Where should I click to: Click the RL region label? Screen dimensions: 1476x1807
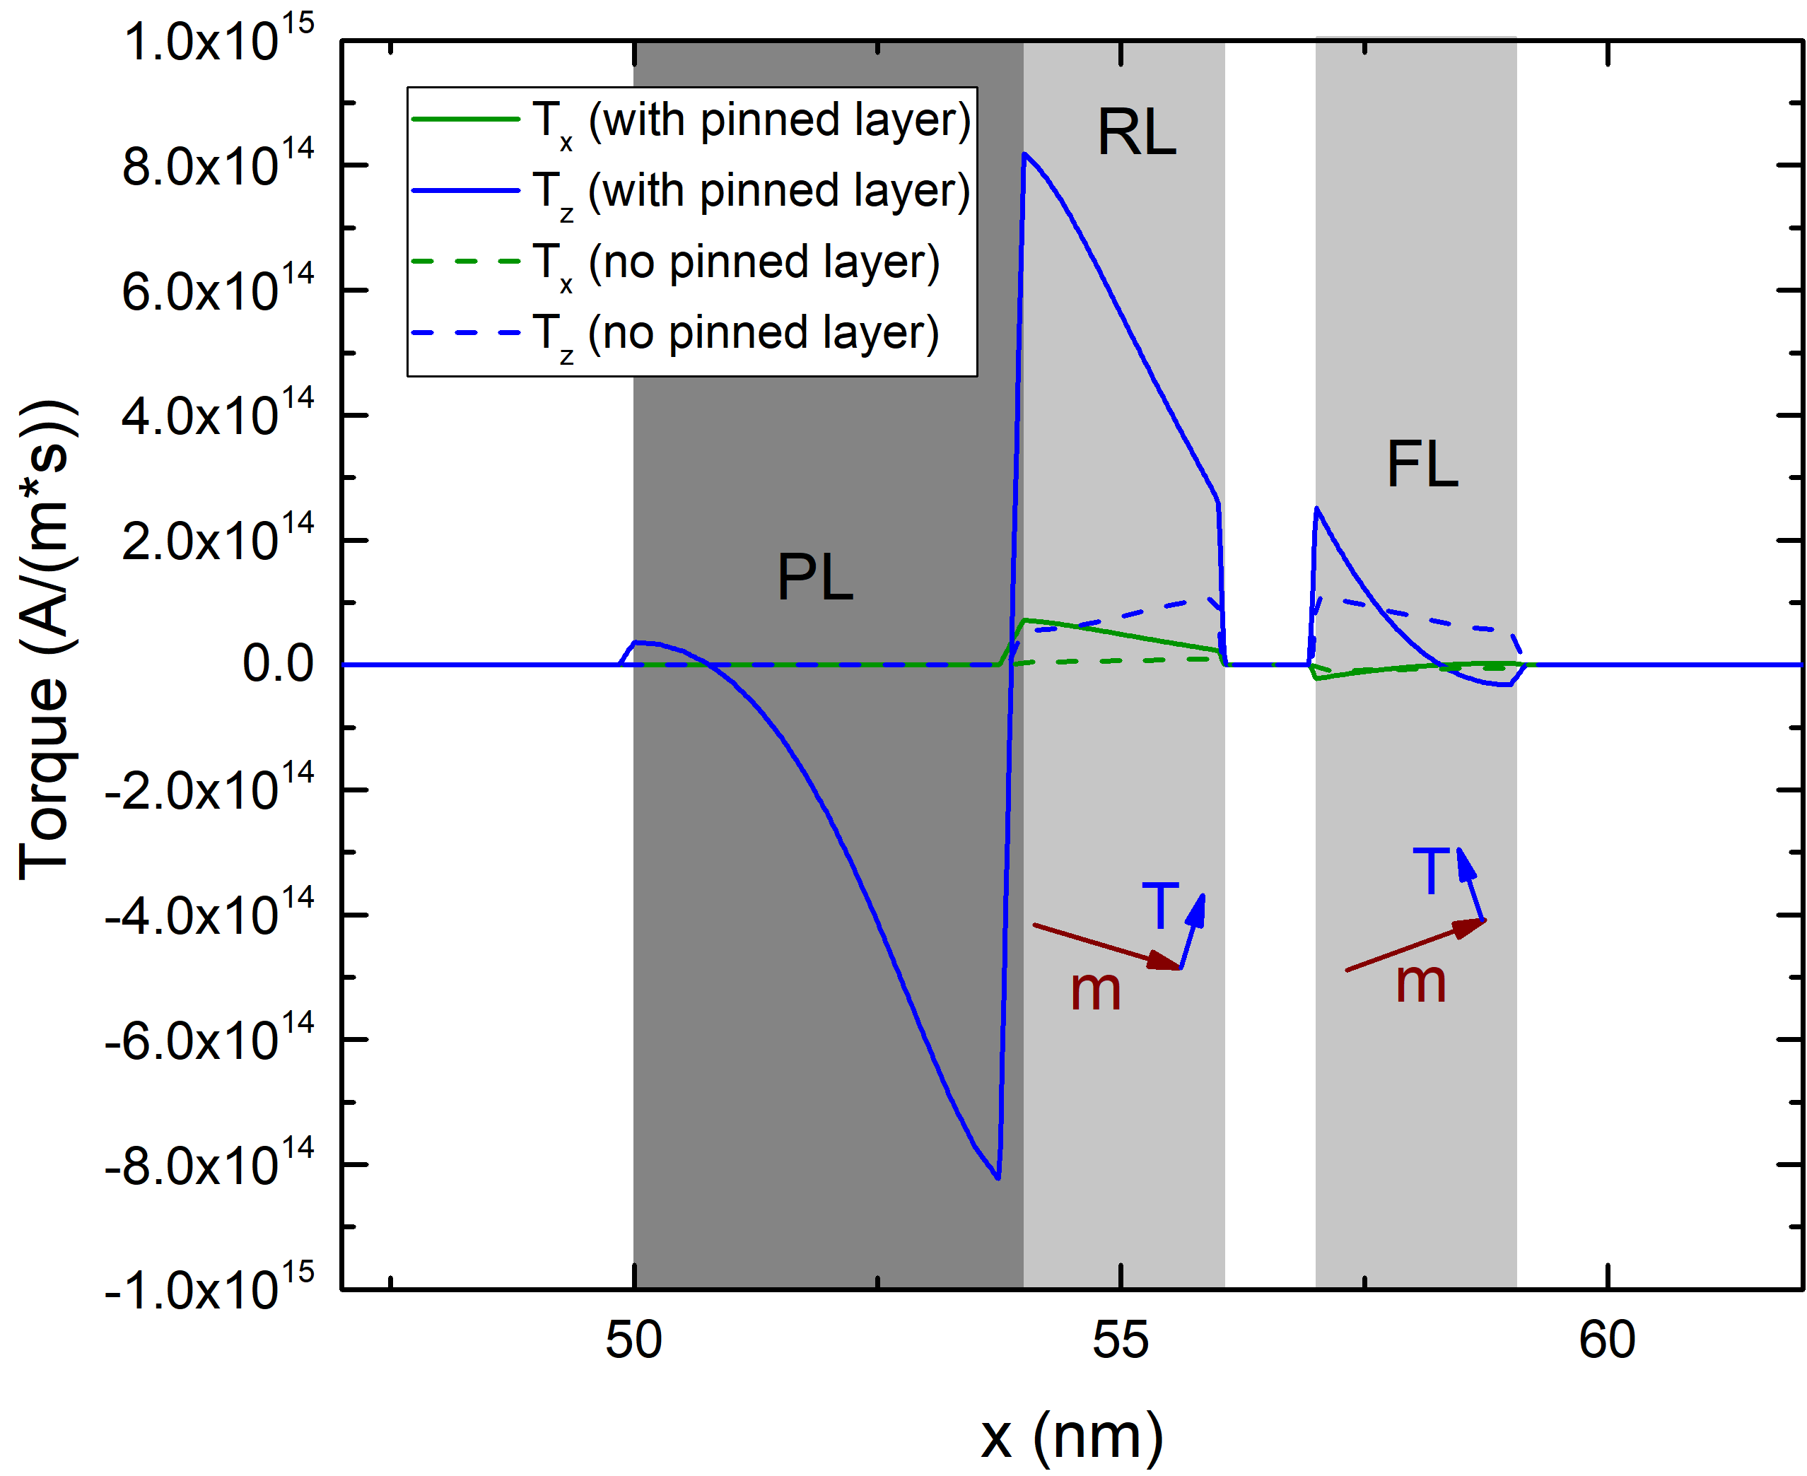click(x=1136, y=133)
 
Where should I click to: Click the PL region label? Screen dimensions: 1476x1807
click(x=814, y=578)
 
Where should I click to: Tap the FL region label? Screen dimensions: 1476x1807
click(x=1422, y=465)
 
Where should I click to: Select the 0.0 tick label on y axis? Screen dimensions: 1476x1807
click(x=278, y=664)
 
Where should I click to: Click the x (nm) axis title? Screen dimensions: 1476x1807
click(x=1072, y=1436)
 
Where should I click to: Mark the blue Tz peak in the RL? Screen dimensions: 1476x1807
click(x=1024, y=155)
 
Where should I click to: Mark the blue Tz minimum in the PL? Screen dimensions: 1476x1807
click(x=998, y=1177)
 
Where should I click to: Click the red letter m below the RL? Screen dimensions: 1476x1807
click(x=1095, y=990)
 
